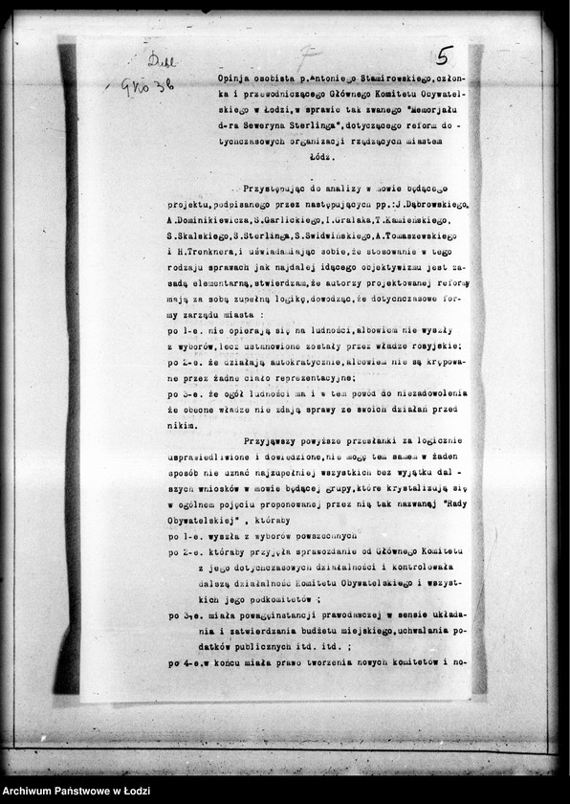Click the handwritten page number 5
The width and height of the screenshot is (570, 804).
(x=446, y=56)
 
